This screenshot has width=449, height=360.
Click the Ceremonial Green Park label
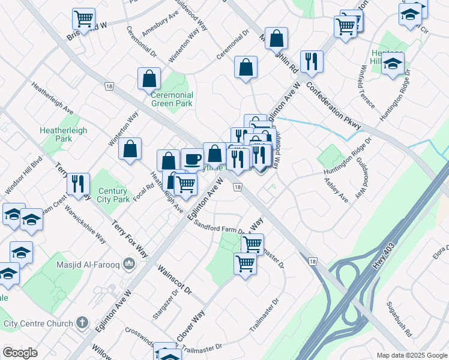tap(172, 99)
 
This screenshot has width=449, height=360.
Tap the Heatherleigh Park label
tap(63, 134)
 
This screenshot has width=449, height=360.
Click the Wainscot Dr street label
tap(174, 280)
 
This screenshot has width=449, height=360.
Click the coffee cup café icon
tap(192, 160)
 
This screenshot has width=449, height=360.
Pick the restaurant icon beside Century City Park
tap(78, 184)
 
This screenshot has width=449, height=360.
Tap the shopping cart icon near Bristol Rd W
tap(84, 19)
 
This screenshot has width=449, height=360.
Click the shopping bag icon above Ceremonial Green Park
tap(149, 79)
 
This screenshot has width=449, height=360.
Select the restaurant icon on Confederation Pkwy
tap(312, 61)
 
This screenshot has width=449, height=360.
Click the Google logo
tap(20, 353)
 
